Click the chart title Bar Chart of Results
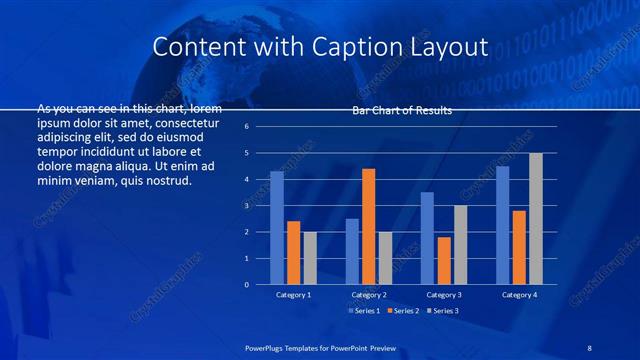coord(402,110)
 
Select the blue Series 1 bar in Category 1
coord(277,228)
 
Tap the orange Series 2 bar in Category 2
coord(368,227)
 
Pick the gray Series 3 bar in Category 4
coord(535,219)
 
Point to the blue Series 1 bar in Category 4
coord(502,225)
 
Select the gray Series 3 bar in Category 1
coord(310,258)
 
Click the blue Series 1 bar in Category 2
coord(352,251)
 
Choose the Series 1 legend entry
coord(364,312)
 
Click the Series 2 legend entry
coord(402,312)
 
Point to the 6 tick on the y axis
coord(260,127)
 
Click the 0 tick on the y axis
coord(260,284)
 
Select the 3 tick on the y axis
coord(260,206)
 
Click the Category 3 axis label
coord(444,295)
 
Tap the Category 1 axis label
coord(293,295)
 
